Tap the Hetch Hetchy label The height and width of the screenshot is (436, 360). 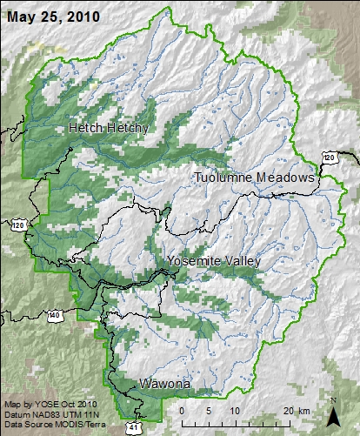109,128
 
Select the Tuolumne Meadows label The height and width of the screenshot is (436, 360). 253,178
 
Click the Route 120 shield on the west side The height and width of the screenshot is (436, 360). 17,225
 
